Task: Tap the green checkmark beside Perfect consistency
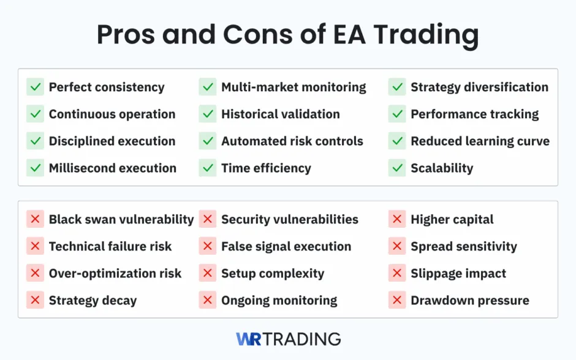35,87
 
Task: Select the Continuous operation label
112,114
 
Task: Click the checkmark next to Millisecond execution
35,168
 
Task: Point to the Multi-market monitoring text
294,88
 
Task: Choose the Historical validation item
280,114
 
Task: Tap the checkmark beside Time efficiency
208,168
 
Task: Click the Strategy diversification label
479,88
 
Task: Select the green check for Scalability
397,168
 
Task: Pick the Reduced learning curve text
480,141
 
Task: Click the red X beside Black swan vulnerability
35,219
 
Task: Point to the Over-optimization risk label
115,274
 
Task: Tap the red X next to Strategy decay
35,300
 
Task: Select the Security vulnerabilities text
289,219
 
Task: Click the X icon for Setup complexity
208,273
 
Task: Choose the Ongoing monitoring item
279,301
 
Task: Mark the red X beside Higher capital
397,219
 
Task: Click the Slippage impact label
458,274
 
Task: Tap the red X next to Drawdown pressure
397,300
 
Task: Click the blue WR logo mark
248,339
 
